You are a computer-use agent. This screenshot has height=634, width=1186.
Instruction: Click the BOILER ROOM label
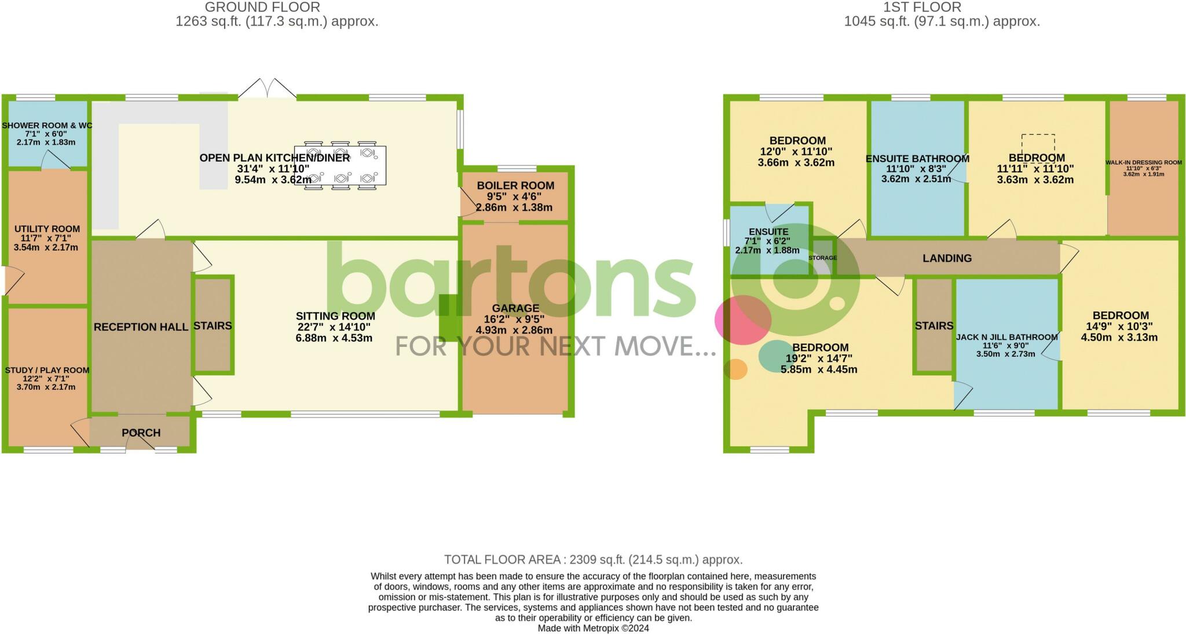515,186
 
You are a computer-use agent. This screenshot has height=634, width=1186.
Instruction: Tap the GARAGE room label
515,309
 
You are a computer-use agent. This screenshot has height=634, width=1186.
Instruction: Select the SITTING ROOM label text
335,316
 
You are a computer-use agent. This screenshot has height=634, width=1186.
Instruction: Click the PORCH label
141,433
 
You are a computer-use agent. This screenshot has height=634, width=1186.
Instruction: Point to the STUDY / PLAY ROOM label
47,371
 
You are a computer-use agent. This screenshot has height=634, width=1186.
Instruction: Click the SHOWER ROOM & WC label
47,126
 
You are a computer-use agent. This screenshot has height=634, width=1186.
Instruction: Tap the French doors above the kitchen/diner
267,89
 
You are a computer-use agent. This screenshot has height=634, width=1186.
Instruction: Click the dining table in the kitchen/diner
341,166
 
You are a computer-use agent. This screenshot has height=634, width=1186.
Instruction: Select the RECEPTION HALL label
141,327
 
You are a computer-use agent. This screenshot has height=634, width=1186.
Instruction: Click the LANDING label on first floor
947,258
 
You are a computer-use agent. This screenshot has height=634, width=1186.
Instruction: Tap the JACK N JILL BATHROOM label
1006,337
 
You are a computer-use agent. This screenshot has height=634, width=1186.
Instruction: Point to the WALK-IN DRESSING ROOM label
1143,163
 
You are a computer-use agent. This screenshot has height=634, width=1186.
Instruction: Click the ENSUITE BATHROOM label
917,159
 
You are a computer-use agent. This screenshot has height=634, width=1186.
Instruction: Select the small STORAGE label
822,258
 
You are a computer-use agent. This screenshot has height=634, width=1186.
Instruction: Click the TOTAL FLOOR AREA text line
593,560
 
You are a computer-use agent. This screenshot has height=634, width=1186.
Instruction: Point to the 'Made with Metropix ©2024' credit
593,628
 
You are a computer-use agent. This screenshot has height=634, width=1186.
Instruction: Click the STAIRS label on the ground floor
213,326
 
